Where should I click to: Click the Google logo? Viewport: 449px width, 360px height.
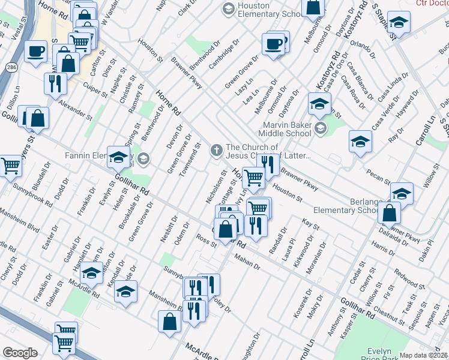[20, 353]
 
